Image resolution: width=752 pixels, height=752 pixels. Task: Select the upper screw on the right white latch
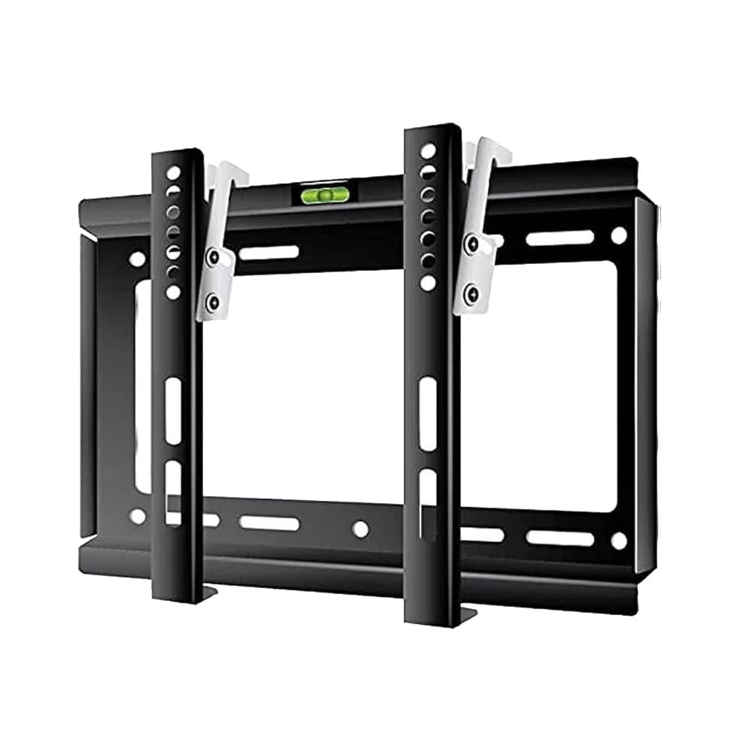coord(472,244)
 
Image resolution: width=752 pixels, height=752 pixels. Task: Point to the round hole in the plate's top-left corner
coord(137,259)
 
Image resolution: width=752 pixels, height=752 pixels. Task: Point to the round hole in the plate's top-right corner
coord(618,235)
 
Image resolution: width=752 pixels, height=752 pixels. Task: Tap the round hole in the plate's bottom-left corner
coord(137,516)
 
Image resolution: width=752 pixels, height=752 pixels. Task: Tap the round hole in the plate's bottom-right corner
coord(618,540)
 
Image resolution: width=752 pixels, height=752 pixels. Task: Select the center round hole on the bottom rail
coord(361,529)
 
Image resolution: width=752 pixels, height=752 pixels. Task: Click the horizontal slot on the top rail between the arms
coord(268,253)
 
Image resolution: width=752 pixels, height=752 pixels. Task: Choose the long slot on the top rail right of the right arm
coord(559,238)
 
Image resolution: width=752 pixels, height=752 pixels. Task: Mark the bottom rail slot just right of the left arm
coord(268,523)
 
